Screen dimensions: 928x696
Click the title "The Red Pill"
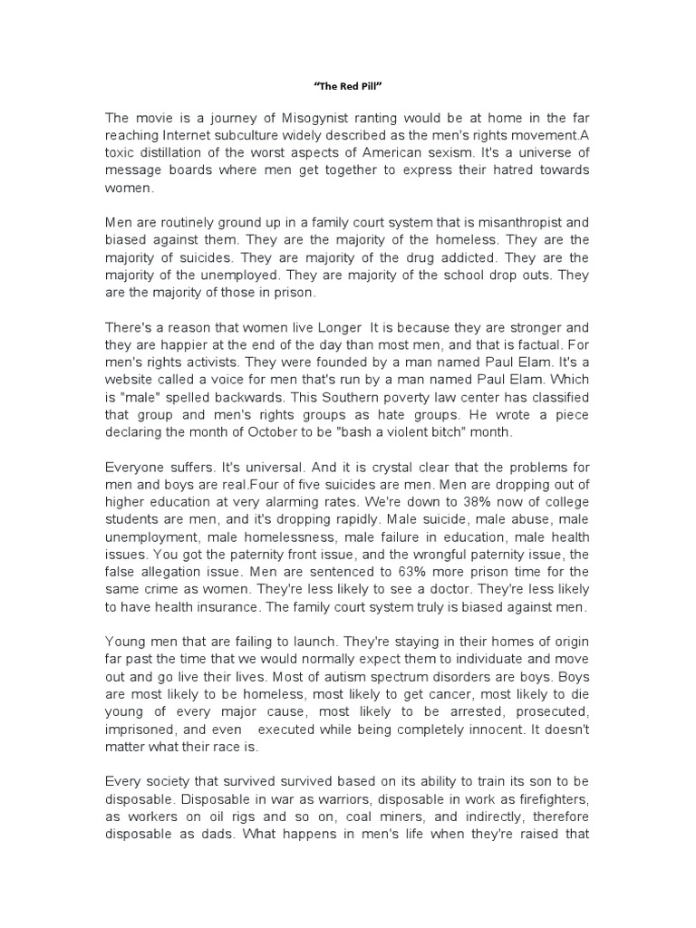point(347,88)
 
